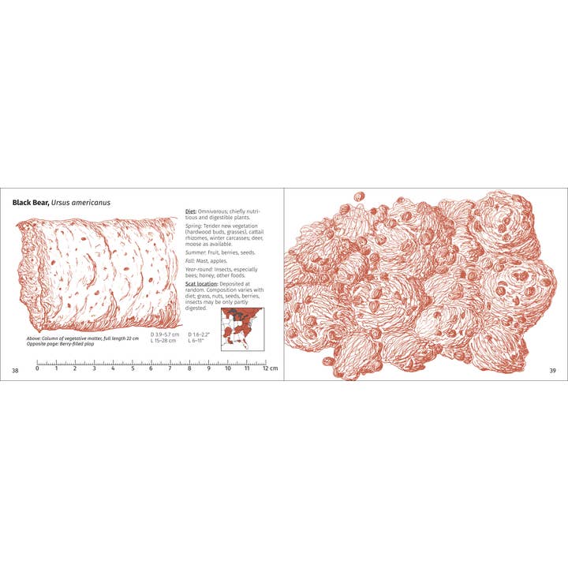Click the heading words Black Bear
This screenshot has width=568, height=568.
pos(31,203)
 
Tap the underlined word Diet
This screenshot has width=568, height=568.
pos(190,211)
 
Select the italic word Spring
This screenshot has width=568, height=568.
pos(194,227)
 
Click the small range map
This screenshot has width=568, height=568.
pos(242,329)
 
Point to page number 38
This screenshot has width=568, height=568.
pos(15,370)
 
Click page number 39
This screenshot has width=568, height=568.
pos(552,370)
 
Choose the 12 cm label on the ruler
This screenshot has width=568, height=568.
pos(269,369)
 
